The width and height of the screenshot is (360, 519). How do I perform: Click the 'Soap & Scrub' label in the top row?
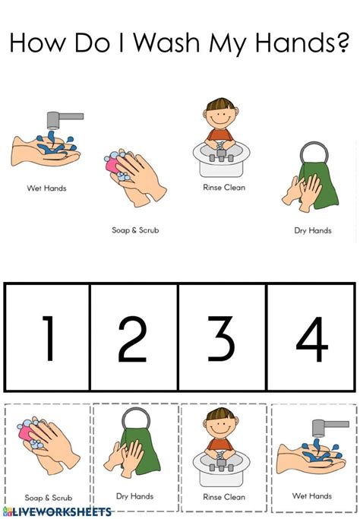pos(135,229)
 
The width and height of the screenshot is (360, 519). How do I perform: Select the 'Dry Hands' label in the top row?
pos(312,230)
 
